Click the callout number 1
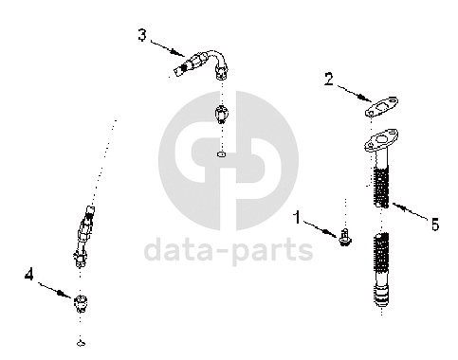(x=297, y=218)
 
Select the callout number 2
(x=329, y=79)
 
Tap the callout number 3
(x=142, y=35)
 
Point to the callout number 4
(x=29, y=274)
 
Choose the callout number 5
(x=435, y=225)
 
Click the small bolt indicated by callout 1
(x=345, y=238)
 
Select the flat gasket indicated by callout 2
(x=381, y=107)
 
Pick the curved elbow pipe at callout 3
(x=202, y=63)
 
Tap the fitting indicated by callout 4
(x=81, y=303)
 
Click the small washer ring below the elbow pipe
(x=221, y=154)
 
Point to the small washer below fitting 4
(x=82, y=343)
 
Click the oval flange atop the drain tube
(x=381, y=139)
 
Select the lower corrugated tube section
(x=381, y=270)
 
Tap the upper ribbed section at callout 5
(x=381, y=187)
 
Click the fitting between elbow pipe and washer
(x=222, y=115)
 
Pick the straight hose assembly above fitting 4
(x=83, y=237)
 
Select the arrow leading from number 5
(x=411, y=210)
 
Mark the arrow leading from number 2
(x=354, y=93)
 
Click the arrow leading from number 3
(x=168, y=48)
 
